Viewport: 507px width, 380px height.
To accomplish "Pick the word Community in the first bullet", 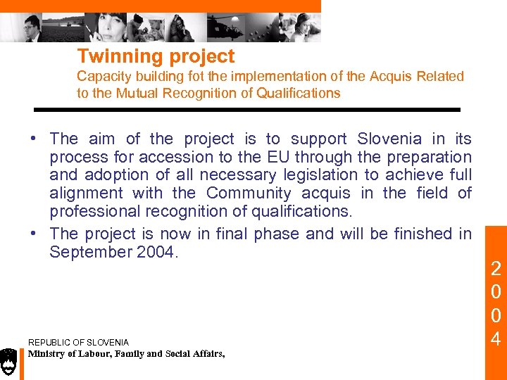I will pyautogui.click(x=249, y=194).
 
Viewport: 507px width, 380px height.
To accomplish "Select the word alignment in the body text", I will pyautogui.click(x=84, y=194).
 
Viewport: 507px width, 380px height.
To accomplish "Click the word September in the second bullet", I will pyautogui.click(x=89, y=252).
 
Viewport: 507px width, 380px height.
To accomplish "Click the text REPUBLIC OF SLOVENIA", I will pyautogui.click(x=78, y=343).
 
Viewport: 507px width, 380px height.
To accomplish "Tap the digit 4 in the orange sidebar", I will pyautogui.click(x=496, y=340).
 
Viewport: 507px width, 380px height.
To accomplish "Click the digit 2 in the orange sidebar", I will pyautogui.click(x=496, y=268).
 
